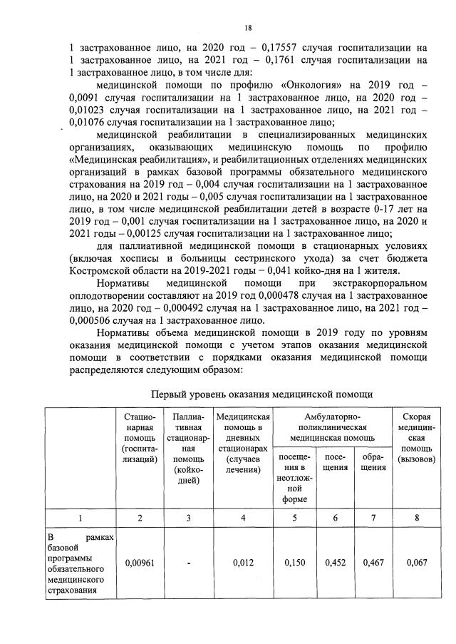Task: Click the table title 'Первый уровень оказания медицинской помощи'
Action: [x=262, y=394]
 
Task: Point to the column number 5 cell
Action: [x=294, y=518]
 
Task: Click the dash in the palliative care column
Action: [x=188, y=563]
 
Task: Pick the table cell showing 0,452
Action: [x=335, y=563]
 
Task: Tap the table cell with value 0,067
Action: [x=417, y=563]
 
